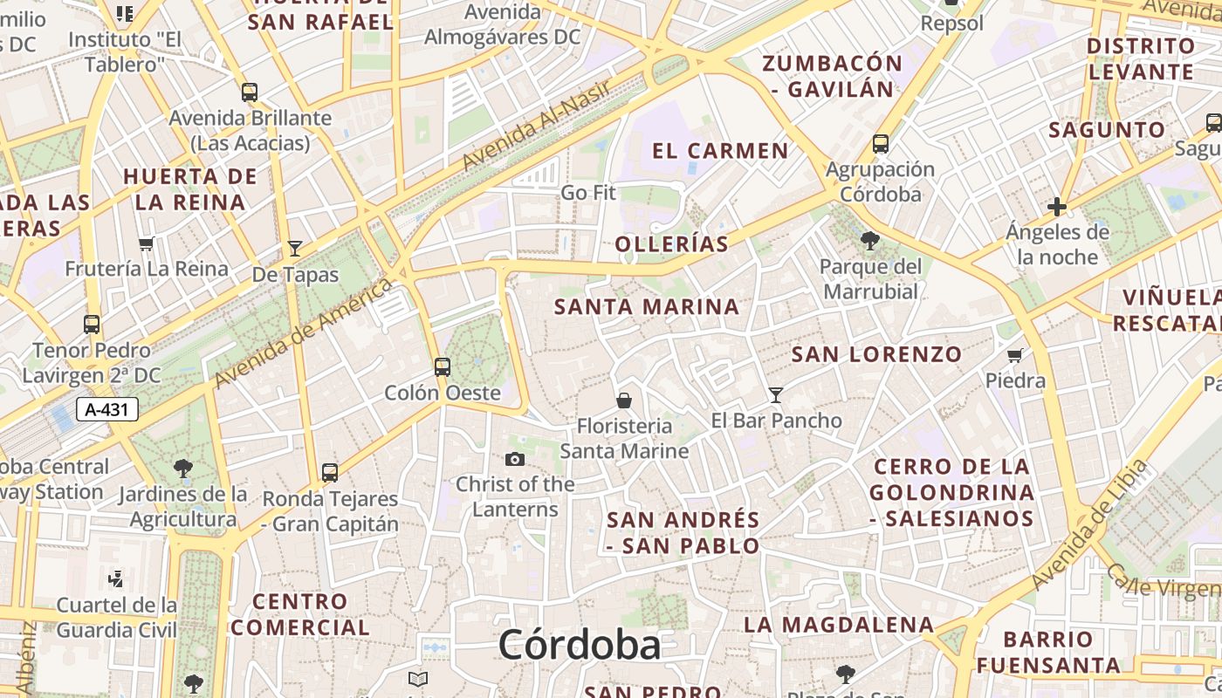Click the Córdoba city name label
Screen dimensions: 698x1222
coord(580,646)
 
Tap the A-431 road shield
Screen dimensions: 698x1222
coord(107,409)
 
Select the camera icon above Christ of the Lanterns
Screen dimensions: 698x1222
coord(515,459)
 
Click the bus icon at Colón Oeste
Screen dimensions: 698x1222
coord(443,366)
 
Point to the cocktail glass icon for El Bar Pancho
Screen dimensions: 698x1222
coord(775,394)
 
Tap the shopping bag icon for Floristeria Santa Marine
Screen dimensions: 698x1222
coord(624,400)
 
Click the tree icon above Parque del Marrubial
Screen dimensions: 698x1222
coord(869,240)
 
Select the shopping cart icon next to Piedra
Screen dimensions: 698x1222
coord(1015,355)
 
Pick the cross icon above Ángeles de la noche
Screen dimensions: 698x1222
coord(1057,207)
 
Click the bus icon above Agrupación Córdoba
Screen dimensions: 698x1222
coord(881,144)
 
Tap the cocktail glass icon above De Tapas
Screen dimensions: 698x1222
coord(295,249)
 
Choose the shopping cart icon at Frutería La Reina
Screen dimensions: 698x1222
coord(147,243)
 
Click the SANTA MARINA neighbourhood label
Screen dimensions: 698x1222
coord(647,307)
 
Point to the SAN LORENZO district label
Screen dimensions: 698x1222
coord(876,354)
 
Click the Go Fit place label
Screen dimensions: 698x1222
coord(588,192)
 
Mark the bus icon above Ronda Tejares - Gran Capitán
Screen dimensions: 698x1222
coord(330,473)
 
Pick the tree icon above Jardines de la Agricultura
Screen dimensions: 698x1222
coord(183,469)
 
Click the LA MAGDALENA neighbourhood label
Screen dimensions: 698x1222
coord(839,625)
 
